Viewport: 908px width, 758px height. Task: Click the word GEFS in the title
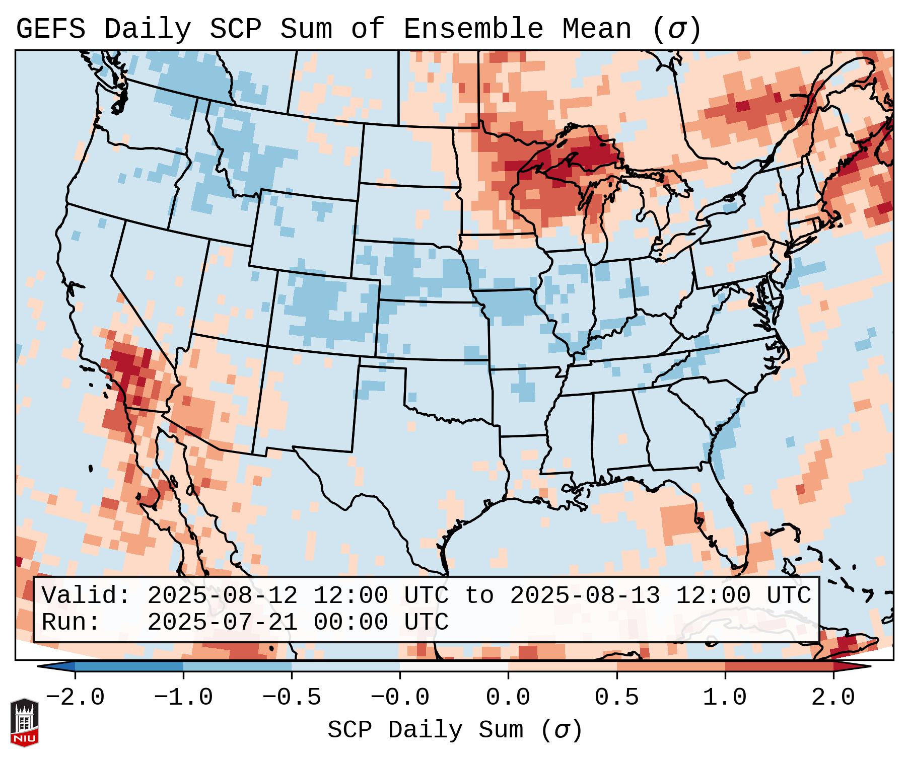50,29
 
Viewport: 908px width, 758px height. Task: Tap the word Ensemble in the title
473,29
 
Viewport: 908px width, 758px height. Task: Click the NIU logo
24,722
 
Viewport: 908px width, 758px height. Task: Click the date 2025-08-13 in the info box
585,595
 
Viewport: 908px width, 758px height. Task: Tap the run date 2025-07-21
222,622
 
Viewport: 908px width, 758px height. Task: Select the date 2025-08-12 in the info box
222,595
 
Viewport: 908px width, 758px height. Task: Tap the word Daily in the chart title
148,29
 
